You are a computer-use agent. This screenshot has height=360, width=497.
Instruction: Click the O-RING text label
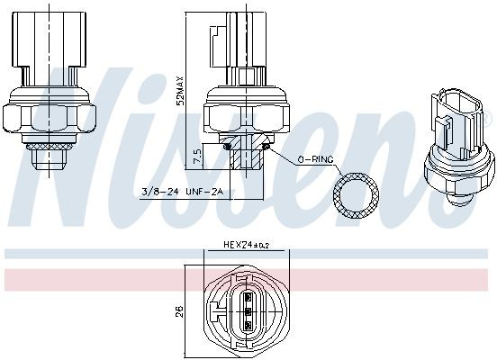point(316,158)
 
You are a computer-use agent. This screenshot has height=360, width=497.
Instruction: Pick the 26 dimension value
point(180,311)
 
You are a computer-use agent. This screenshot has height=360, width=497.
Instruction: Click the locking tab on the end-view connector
point(215,311)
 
